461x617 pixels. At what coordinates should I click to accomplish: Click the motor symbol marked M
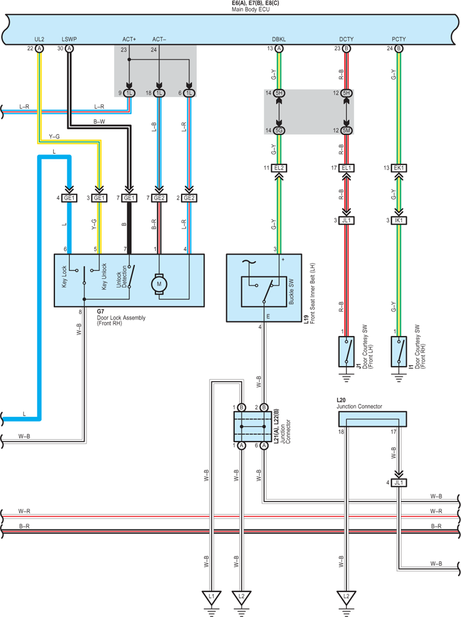(159, 284)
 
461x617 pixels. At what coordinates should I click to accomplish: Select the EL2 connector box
(279, 168)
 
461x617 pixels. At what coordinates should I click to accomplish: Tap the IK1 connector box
(399, 220)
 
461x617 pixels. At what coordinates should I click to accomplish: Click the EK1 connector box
(399, 168)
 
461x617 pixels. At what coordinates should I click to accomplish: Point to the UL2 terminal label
(39, 39)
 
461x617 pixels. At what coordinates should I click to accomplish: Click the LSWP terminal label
(69, 39)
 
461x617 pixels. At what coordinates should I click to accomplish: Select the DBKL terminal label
(279, 39)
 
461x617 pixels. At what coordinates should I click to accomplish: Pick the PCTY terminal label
(399, 39)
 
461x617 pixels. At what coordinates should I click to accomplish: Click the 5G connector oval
(279, 130)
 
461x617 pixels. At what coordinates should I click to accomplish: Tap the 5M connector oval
(346, 130)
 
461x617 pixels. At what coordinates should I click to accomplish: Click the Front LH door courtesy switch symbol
(346, 351)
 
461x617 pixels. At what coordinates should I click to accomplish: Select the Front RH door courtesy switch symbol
(399, 351)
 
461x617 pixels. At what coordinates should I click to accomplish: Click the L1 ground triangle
(211, 597)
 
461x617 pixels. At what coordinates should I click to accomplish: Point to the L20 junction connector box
(373, 419)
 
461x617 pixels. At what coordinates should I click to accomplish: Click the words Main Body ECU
(250, 9)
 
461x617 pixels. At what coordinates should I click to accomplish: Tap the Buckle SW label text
(291, 291)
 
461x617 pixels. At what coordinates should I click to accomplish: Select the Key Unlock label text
(104, 276)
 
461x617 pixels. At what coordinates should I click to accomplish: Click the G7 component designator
(101, 312)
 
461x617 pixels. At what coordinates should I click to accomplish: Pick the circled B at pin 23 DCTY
(346, 48)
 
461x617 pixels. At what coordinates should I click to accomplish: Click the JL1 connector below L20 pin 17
(399, 483)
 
